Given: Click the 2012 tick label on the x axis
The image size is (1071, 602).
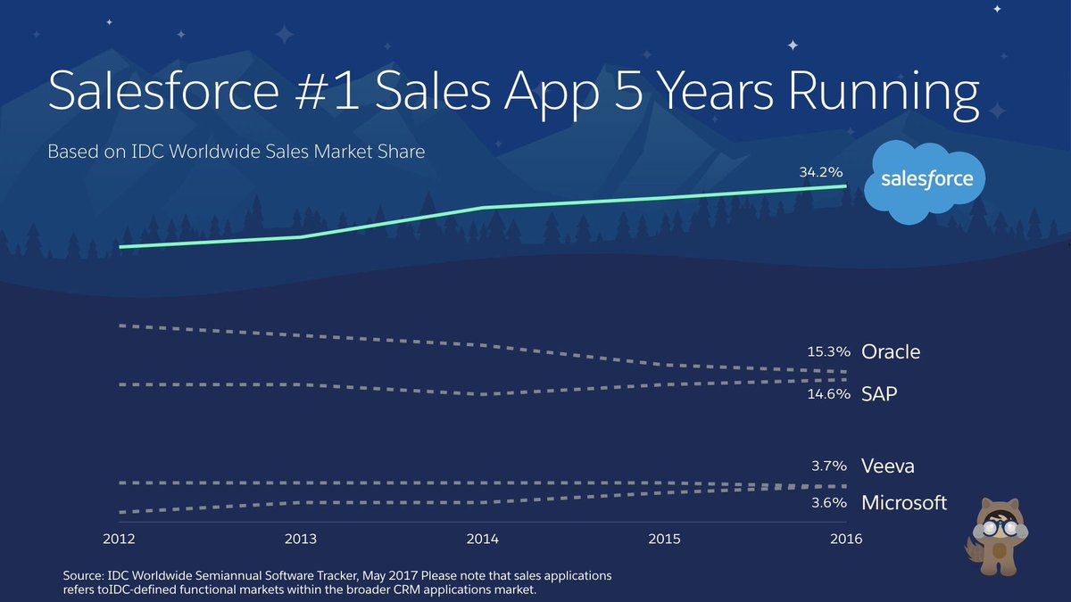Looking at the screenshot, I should tap(120, 540).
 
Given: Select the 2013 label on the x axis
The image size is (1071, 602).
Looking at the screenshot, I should tap(302, 540).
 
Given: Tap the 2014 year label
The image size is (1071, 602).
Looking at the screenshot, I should tap(483, 540).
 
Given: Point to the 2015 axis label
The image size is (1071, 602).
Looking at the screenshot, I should tap(664, 540).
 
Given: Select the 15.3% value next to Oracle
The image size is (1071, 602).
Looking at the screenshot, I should tap(829, 352).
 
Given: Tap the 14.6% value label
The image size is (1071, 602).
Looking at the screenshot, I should tap(829, 393).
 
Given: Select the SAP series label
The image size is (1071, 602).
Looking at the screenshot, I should tap(879, 393).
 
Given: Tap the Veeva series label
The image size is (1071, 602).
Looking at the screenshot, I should tap(887, 466).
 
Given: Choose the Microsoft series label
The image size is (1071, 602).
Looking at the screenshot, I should tap(903, 503).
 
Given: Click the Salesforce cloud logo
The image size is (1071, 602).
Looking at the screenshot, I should tap(926, 181).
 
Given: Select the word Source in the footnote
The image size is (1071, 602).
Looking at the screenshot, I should tap(85, 575).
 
